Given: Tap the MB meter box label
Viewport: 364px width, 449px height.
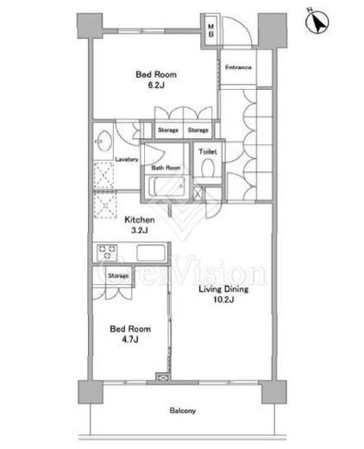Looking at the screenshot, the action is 211,30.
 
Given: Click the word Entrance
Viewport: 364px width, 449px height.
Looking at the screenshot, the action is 238,67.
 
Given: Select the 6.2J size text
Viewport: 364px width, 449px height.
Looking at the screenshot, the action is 156,85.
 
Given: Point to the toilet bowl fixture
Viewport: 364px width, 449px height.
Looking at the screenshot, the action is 208,168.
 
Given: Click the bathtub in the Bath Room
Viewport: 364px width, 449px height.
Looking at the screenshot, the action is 166,187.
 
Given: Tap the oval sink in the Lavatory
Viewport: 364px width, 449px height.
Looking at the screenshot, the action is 103,141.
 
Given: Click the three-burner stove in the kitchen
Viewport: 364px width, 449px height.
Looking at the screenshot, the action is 107,252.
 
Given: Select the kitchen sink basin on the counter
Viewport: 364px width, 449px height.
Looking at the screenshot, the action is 151,252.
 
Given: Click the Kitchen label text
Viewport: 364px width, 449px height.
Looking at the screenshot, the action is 140,220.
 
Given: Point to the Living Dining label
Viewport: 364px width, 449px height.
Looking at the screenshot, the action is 223,289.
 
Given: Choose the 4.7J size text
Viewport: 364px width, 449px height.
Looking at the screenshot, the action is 130,339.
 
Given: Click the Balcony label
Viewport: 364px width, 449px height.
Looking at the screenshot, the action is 183,411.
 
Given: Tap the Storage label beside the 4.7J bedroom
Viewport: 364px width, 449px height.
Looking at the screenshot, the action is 118,275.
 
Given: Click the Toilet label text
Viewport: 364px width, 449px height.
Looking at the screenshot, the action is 208,151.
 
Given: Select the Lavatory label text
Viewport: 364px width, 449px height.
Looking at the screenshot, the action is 127,159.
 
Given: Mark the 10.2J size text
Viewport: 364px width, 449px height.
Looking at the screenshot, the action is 223,300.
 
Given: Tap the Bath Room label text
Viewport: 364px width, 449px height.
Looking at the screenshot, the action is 166,168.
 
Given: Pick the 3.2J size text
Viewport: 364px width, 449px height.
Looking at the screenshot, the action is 140,231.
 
